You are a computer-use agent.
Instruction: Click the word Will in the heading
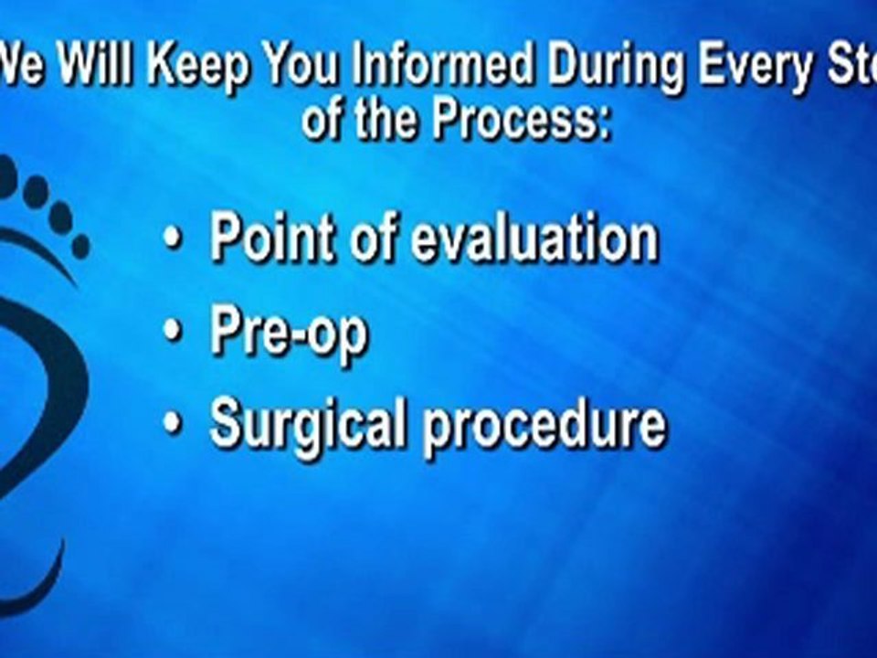[x=90, y=69]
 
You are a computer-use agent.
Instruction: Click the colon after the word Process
[x=603, y=123]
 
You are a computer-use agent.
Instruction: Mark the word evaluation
[x=534, y=239]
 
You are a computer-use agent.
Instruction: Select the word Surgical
[x=307, y=425]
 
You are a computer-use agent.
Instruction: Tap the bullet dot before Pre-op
[x=172, y=334]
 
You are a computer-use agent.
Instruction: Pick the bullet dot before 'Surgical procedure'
[x=172, y=424]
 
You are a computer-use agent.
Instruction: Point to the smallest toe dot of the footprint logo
[x=80, y=247]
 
